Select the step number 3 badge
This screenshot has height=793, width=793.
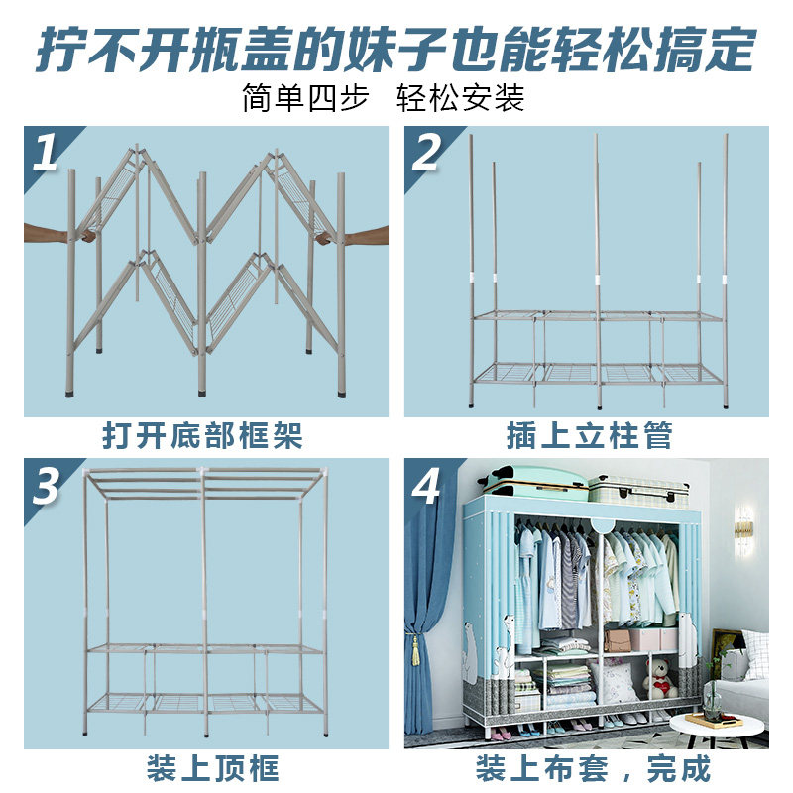(45, 485)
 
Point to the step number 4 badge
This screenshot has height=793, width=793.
(426, 485)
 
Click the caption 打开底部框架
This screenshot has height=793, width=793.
(202, 435)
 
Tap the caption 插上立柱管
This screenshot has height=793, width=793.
(589, 435)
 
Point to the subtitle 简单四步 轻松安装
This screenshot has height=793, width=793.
(383, 99)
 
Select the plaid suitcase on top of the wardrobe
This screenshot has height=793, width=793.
(638, 489)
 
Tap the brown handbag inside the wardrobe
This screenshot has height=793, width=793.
(619, 639)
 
